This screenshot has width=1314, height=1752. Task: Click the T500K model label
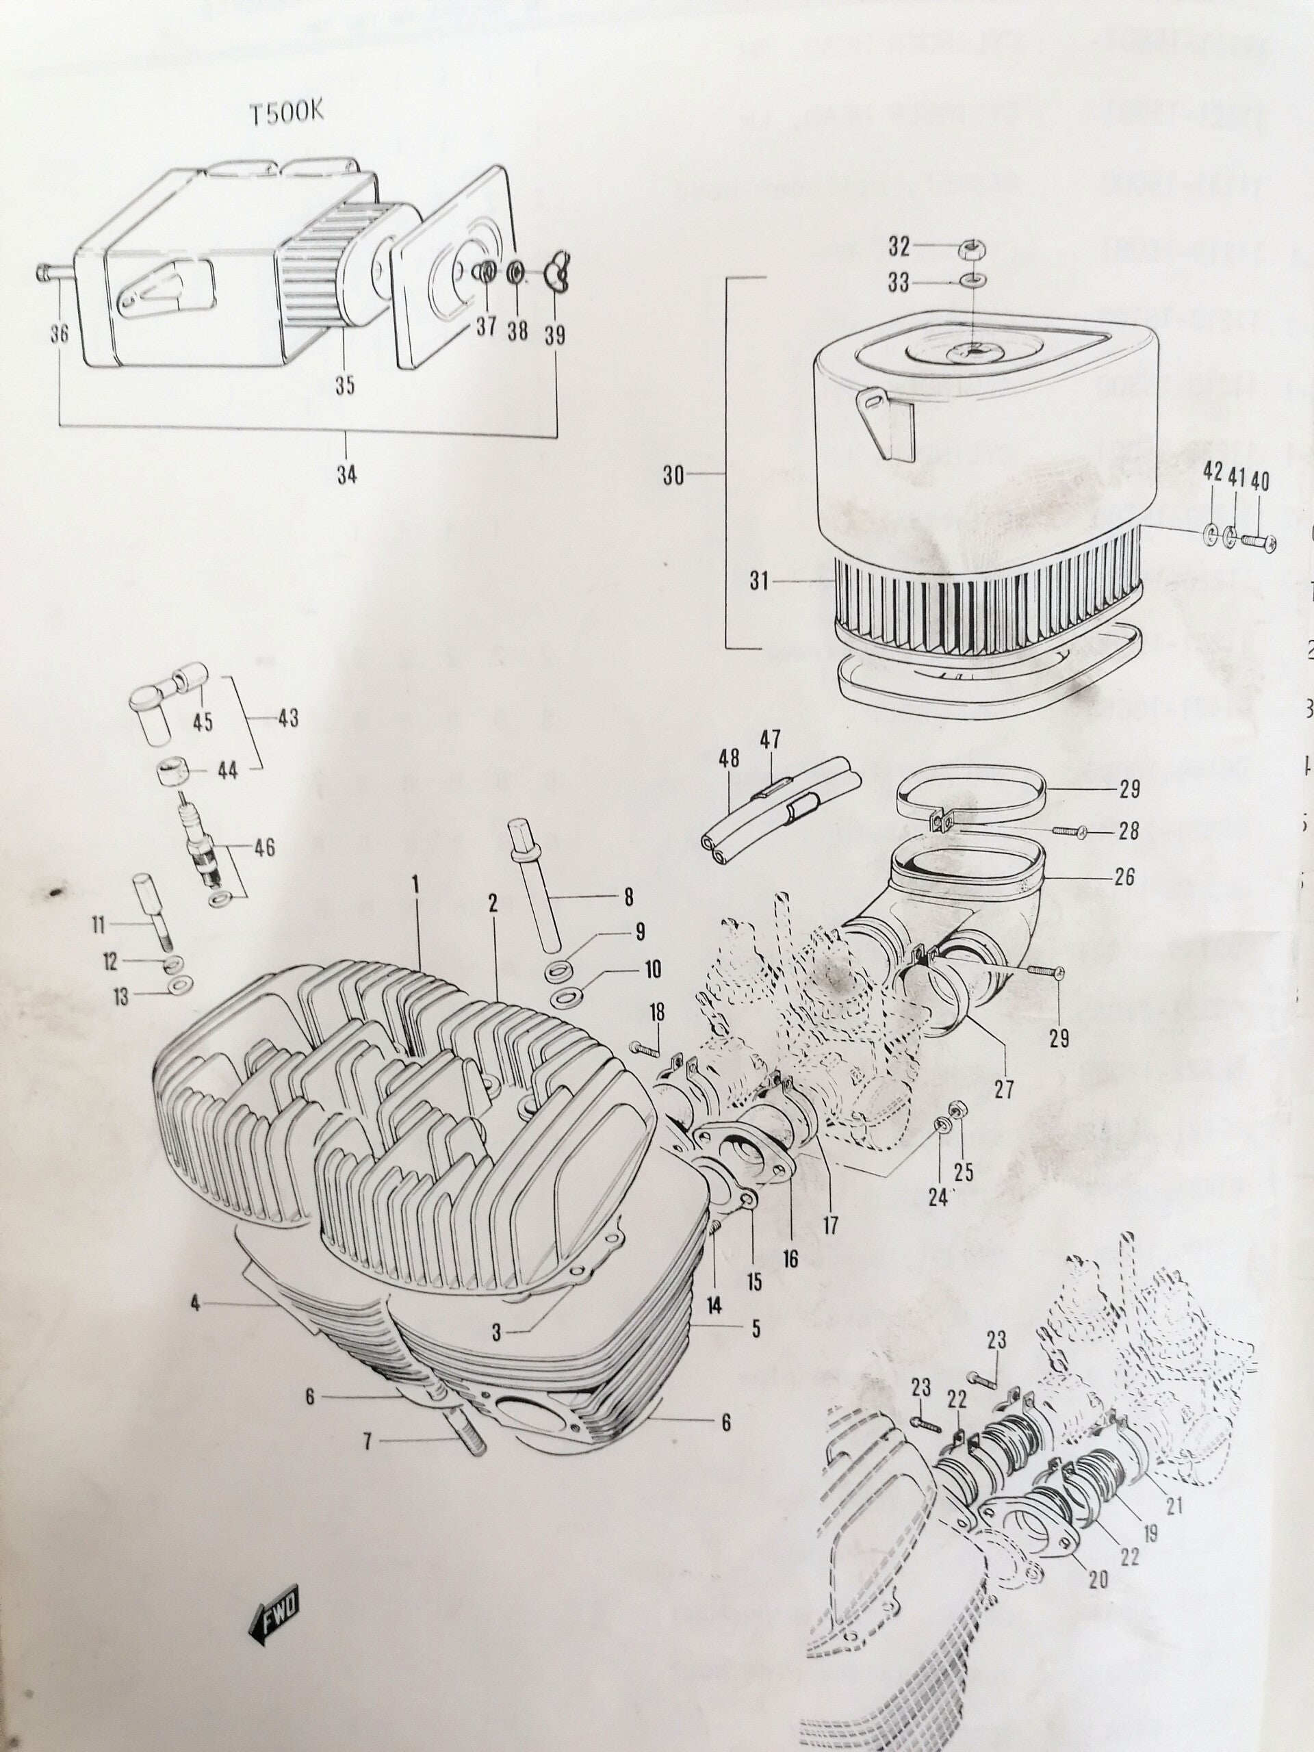pos(287,112)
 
